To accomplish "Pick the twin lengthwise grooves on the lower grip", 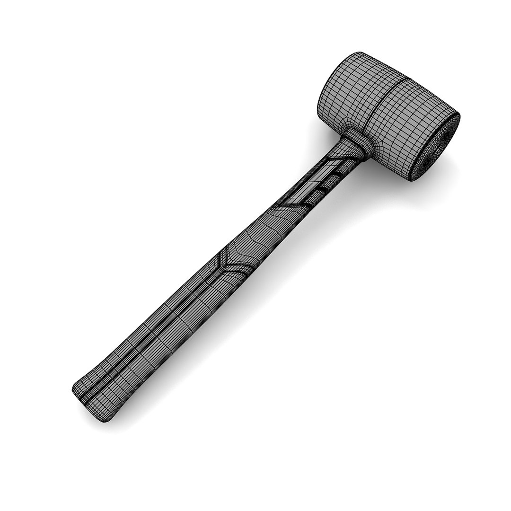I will click(x=156, y=331).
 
